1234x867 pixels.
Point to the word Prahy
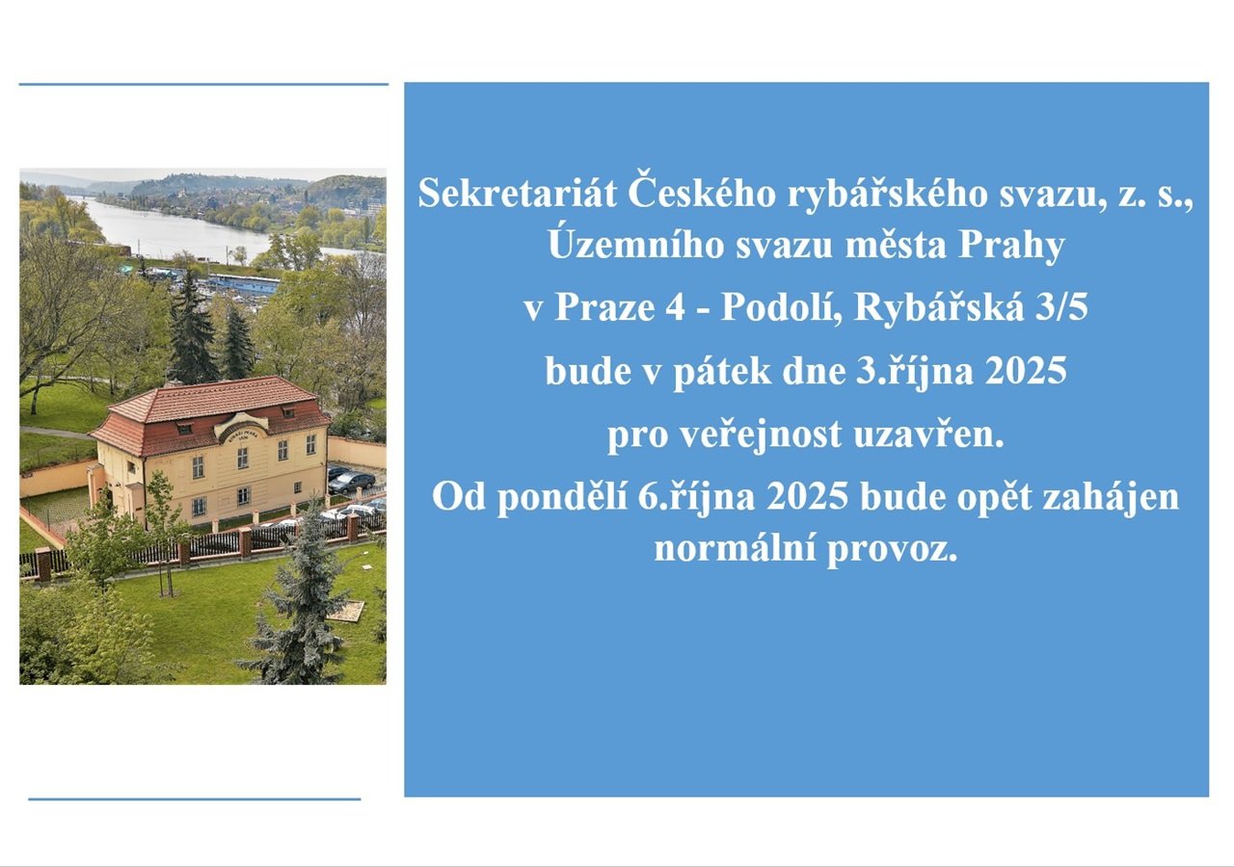[x=1011, y=247]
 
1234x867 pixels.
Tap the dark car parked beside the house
[x=351, y=483]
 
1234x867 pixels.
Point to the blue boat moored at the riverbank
[x=244, y=283]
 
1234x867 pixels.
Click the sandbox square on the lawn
[x=345, y=611]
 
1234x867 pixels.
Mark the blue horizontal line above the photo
[x=203, y=84]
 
